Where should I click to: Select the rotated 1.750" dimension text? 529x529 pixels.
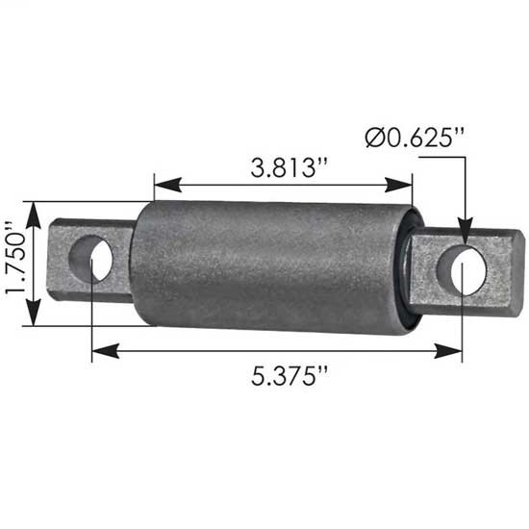point(13,264)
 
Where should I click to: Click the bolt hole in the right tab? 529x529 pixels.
point(461,270)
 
